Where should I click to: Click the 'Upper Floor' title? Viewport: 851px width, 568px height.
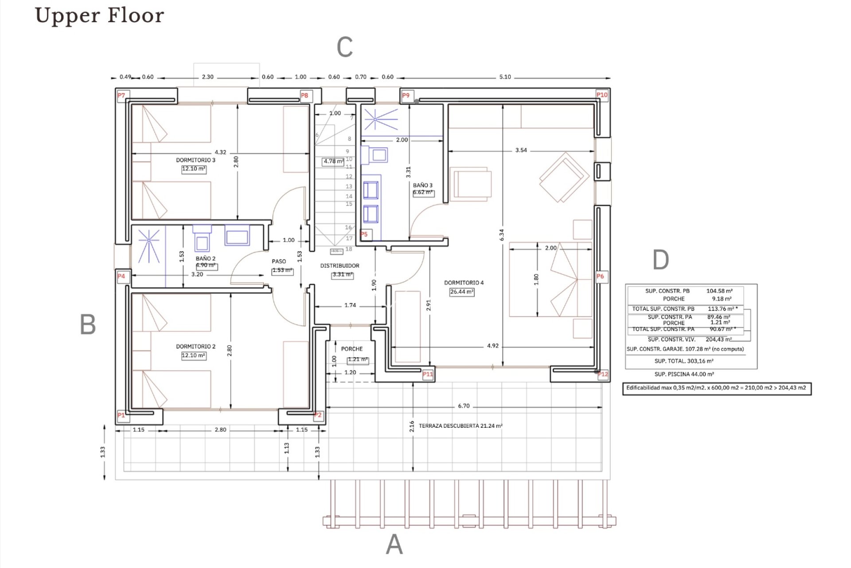coord(99,15)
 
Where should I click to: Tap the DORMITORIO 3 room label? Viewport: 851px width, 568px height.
coord(195,160)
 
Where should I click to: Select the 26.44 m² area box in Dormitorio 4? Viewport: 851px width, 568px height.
coord(462,292)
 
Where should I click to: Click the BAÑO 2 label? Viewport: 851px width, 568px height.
coord(205,259)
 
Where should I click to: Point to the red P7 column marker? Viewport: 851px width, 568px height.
coord(121,95)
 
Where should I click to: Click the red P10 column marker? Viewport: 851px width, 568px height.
coord(601,95)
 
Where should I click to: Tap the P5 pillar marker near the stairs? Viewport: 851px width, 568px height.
coord(364,234)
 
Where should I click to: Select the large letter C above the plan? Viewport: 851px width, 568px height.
coord(344,47)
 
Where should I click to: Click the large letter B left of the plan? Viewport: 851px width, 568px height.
coord(88,324)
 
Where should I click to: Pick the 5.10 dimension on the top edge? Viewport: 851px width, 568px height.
coord(505,77)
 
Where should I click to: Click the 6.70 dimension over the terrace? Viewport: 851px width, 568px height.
coord(464,406)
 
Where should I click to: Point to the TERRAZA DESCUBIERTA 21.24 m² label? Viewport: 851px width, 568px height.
coord(461,426)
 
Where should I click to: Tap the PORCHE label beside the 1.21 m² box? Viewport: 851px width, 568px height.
coord(351,349)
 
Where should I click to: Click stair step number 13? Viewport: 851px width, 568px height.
coord(349,186)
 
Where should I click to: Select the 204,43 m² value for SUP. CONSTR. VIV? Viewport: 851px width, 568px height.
coord(718,339)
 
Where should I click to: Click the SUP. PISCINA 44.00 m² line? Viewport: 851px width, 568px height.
coord(684,374)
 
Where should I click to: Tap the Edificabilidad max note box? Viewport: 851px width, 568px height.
coord(716,388)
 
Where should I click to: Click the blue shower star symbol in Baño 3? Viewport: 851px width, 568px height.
coord(375,119)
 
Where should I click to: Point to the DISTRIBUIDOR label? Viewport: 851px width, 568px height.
coord(340,266)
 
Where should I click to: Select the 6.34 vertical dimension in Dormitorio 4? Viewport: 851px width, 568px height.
coord(502,235)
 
